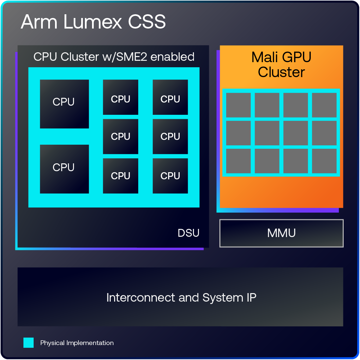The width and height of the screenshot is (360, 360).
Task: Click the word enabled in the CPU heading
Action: pyautogui.click(x=173, y=57)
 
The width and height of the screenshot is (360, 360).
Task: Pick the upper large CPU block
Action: pyautogui.click(x=64, y=104)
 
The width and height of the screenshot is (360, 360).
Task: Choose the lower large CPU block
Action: pyautogui.click(x=64, y=169)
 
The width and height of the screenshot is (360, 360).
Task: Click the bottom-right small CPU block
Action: pyautogui.click(x=170, y=176)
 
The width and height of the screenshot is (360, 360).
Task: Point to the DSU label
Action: pyautogui.click(x=188, y=233)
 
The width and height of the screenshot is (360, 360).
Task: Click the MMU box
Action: pyautogui.click(x=282, y=233)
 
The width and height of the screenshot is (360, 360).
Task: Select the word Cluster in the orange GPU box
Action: pyautogui.click(x=282, y=72)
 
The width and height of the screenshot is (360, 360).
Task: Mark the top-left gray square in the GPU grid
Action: pyautogui.click(x=238, y=105)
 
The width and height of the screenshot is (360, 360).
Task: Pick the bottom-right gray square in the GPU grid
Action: pyautogui.click(x=324, y=161)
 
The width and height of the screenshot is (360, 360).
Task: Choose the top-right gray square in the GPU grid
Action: pyautogui.click(x=324, y=105)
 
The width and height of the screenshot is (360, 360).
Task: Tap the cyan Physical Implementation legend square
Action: pyautogui.click(x=29, y=343)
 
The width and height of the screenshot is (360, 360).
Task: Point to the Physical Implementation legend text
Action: pyautogui.click(x=77, y=343)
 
